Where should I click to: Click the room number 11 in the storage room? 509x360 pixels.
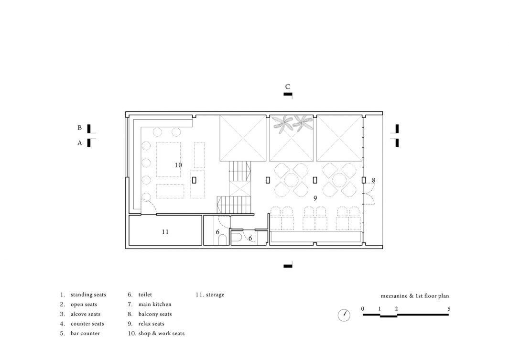pos(165,232)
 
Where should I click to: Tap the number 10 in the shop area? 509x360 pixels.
pos(178,165)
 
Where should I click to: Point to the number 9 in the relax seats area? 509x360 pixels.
pos(315,198)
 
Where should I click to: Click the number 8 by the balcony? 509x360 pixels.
pos(373,180)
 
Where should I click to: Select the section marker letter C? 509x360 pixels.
pos(287,87)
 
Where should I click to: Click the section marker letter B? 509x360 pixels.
pos(79,128)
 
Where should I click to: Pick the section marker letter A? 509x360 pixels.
pos(79,143)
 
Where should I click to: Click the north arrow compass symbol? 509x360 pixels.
pos(344,315)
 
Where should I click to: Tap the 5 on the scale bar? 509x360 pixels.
pos(449,309)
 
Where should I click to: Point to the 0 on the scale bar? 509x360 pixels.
pos(363,309)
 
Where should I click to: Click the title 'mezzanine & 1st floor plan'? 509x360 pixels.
pos(415,296)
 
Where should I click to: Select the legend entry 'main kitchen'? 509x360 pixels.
pos(155,304)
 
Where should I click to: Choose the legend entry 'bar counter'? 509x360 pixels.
pos(86,333)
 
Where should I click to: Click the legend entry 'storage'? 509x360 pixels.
pos(215,295)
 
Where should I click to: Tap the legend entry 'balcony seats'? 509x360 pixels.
pos(155,314)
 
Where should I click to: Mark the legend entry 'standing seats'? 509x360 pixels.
pos(88,295)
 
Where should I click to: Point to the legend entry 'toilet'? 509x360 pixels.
pos(145,295)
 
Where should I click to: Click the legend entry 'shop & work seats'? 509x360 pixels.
pos(162,333)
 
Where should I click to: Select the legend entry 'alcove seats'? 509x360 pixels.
pos(86,314)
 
